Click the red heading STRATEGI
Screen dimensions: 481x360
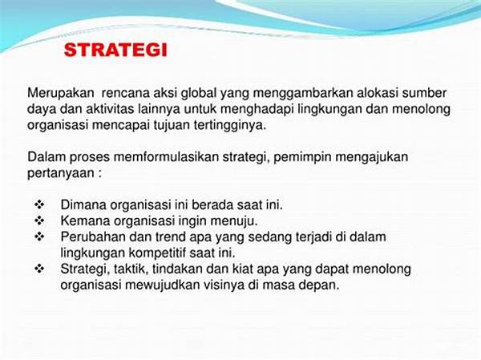pos(115,50)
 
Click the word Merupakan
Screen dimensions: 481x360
pos(60,93)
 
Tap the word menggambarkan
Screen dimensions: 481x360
pos(303,94)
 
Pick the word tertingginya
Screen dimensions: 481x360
pos(230,126)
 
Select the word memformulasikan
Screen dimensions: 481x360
pos(166,157)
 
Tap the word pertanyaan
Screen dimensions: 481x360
pos(61,173)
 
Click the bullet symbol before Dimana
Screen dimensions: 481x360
pos(39,204)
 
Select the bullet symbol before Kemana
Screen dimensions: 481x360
pos(39,220)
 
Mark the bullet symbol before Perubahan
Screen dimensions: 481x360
pos(39,237)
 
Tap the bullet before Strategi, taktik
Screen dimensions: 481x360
pos(39,269)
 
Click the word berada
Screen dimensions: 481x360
pos(209,204)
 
